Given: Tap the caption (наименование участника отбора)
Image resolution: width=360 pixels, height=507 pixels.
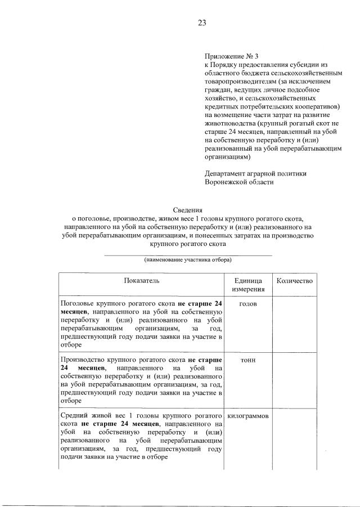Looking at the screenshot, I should [188, 260].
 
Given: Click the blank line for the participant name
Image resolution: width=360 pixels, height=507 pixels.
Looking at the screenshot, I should [188, 254].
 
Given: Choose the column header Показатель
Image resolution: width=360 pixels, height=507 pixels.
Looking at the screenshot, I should [142, 280].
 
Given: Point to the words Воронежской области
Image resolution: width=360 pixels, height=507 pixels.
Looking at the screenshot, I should [239, 182].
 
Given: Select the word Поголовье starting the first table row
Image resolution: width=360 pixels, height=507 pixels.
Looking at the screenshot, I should [78, 304].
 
